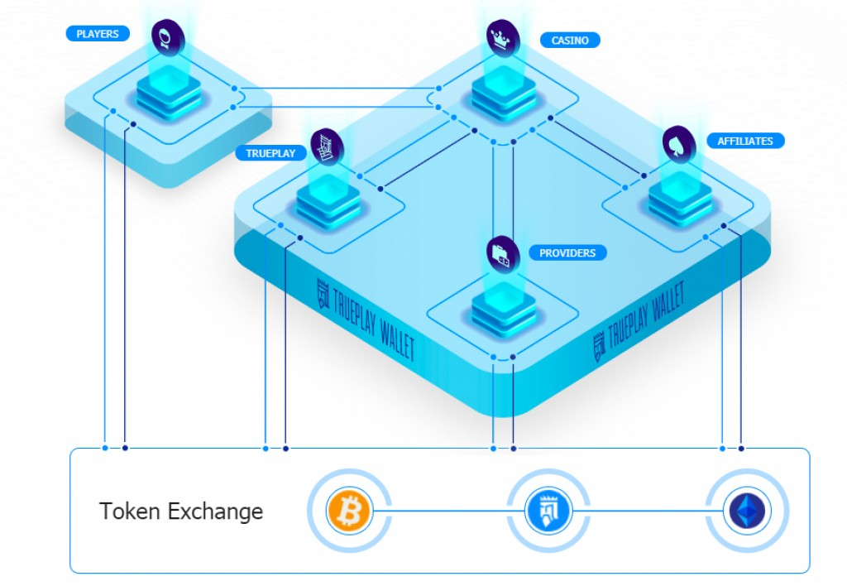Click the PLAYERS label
(x=98, y=34)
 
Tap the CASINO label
(x=570, y=40)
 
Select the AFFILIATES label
(x=744, y=141)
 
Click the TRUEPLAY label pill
(x=270, y=153)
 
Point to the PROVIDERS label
(x=567, y=252)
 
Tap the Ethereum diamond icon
(x=747, y=511)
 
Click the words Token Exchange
(x=181, y=511)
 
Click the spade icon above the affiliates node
(x=680, y=144)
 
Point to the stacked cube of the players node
(x=170, y=93)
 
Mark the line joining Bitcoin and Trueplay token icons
(x=447, y=511)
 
